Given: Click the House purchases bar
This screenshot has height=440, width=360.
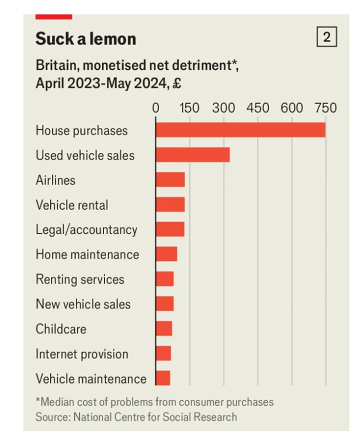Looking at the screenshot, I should click(x=240, y=130).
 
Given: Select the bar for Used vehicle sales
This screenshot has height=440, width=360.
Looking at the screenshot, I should click(x=192, y=155).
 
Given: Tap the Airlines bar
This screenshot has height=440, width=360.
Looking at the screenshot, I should click(x=170, y=180).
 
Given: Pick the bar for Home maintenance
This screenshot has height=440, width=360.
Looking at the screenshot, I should click(x=167, y=254).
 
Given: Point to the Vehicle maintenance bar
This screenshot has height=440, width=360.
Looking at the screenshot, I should click(x=163, y=379).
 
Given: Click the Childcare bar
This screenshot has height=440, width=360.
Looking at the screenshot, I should click(x=164, y=329).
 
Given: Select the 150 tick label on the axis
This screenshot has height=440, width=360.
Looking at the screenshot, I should click(x=190, y=107).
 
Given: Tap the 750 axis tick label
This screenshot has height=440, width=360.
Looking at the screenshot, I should click(x=326, y=107).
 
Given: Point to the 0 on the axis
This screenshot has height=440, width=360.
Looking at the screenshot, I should click(x=156, y=107).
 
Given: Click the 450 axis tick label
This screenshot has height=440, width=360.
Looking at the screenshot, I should click(x=258, y=107).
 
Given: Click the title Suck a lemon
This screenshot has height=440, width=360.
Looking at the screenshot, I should click(x=85, y=39).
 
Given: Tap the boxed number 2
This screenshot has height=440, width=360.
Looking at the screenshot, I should click(x=327, y=37).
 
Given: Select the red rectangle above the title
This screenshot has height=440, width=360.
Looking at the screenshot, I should click(x=54, y=17).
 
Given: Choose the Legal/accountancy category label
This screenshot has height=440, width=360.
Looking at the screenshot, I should click(x=86, y=230).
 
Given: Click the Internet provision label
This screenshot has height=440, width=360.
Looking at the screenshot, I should click(x=82, y=354).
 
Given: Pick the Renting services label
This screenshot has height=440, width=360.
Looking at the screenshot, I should click(x=80, y=279).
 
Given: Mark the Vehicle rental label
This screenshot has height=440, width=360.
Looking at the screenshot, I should click(x=72, y=205).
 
